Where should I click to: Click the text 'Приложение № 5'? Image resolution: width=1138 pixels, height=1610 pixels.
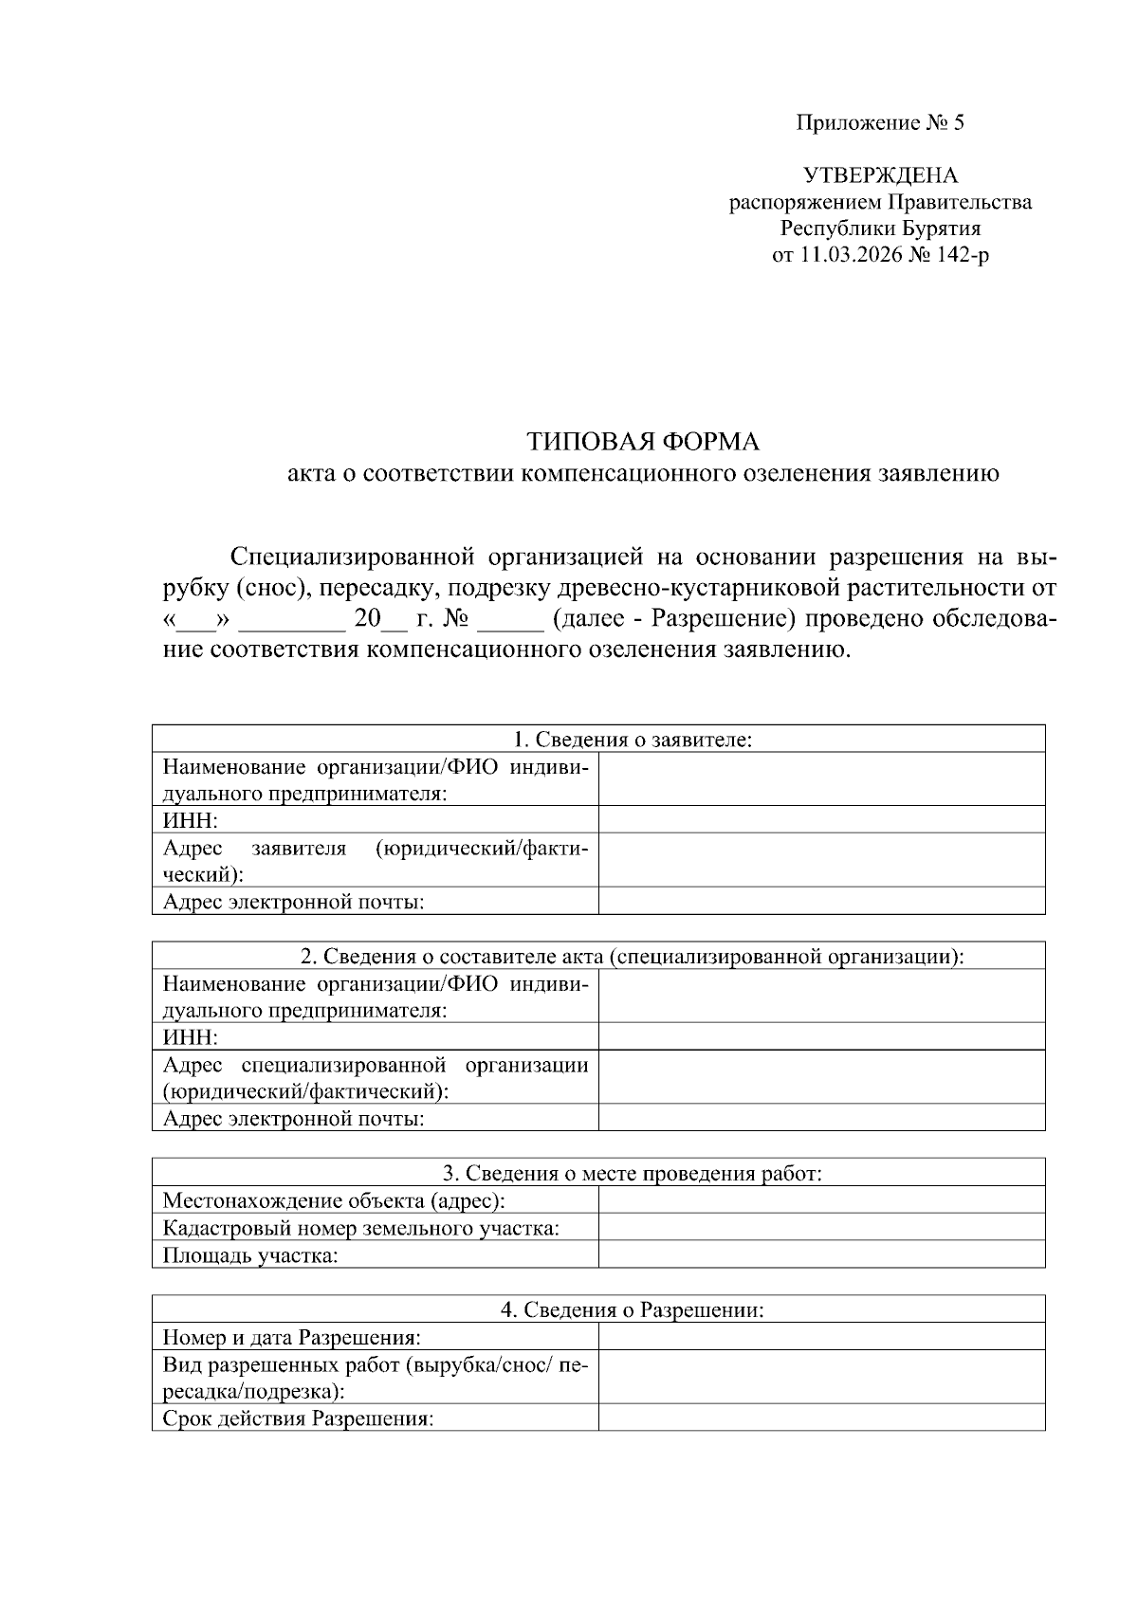pyautogui.click(x=879, y=123)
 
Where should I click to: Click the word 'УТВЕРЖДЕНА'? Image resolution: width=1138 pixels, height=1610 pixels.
pyautogui.click(x=880, y=175)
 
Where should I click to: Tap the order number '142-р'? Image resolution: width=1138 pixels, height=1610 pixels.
pyautogui.click(x=963, y=255)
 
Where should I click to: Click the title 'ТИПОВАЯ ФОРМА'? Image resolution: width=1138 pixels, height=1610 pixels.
pyautogui.click(x=644, y=442)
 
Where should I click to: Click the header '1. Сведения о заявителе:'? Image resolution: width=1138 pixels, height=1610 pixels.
pyautogui.click(x=633, y=740)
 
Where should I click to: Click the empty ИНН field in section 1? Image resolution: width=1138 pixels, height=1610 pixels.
pyautogui.click(x=821, y=820)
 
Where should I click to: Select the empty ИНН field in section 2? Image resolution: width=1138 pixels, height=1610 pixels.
pyautogui.click(x=821, y=1036)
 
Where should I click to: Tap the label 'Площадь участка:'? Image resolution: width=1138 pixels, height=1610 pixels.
pyautogui.click(x=250, y=1255)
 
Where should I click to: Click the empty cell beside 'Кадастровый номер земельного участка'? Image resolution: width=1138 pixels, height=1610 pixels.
pyautogui.click(x=821, y=1228)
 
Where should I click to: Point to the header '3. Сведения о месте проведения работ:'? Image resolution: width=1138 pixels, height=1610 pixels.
pyautogui.click(x=633, y=1173)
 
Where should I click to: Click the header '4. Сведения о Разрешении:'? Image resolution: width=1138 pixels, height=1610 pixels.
pyautogui.click(x=633, y=1310)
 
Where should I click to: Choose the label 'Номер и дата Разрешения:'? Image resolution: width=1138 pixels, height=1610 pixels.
pyautogui.click(x=292, y=1338)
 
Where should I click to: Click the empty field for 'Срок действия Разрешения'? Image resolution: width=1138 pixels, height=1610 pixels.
pyautogui.click(x=821, y=1419)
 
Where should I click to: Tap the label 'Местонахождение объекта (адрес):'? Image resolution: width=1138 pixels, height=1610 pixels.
pyautogui.click(x=334, y=1201)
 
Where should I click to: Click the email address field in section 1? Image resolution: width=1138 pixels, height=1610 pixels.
pyautogui.click(x=821, y=902)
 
